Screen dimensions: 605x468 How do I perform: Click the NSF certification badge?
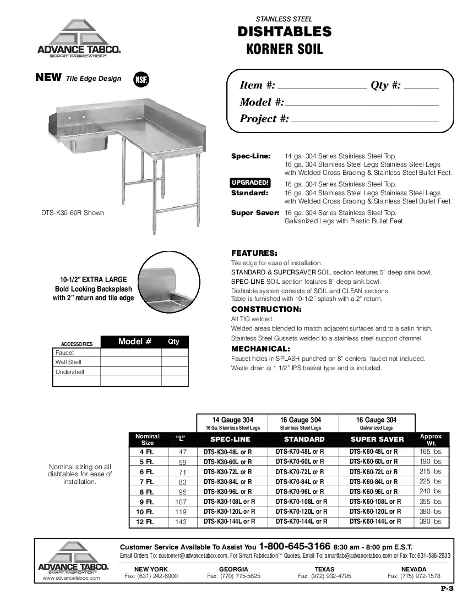coord(142,79)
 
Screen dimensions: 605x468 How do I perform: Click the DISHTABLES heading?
coord(285,32)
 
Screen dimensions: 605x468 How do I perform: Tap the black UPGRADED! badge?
coord(249,183)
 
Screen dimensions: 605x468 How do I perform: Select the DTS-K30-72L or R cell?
coord(227,472)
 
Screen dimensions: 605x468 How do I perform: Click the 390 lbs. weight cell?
coord(431,521)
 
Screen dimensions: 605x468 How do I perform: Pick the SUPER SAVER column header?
coord(377,439)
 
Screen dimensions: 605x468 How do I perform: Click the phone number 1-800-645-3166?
coord(295,547)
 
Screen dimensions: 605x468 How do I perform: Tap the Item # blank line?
coord(322,87)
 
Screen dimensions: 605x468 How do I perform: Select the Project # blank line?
coord(364,120)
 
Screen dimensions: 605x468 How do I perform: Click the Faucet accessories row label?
coord(64,353)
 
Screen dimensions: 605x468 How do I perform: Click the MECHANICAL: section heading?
coord(260,349)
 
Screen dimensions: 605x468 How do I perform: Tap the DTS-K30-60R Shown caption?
coord(72,213)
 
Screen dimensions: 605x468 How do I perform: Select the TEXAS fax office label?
coord(324,569)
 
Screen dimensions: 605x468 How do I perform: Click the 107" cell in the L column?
coord(182,502)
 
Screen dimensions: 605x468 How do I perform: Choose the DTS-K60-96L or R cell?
coord(374,492)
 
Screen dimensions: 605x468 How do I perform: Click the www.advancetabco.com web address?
coord(71,578)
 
